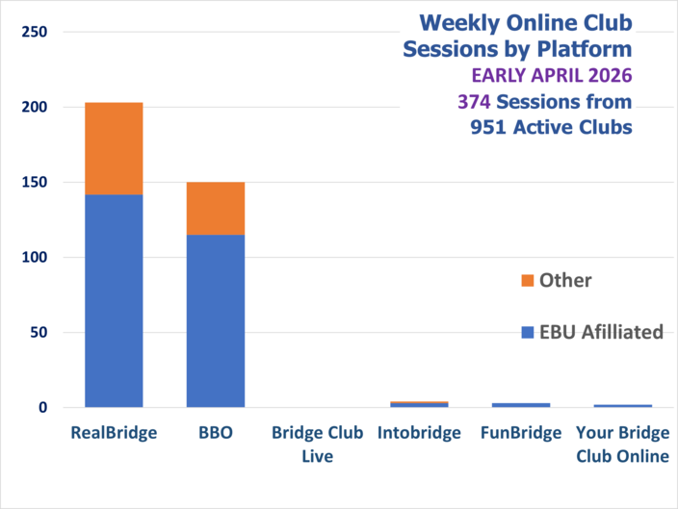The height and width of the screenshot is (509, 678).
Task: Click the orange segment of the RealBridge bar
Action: point(114,148)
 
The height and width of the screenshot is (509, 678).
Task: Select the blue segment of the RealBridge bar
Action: point(114,300)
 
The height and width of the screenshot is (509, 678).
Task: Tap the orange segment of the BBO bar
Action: point(215,208)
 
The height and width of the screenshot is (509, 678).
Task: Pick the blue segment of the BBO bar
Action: point(215,320)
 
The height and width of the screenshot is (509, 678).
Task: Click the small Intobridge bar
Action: point(400,404)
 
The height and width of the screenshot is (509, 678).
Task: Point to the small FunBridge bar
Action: point(520,405)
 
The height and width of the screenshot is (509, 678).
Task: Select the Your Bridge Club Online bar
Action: point(622,406)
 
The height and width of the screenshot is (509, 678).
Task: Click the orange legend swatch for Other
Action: point(526,281)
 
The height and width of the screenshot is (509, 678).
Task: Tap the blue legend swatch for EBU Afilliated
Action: point(526,333)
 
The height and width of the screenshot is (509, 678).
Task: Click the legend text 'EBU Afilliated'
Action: point(601,332)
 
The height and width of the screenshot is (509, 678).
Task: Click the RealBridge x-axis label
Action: point(114,433)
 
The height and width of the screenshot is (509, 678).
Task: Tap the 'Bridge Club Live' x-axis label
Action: point(317,445)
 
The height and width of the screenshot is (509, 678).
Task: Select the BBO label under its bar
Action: point(215,433)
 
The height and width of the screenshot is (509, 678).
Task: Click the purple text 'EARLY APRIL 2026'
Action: point(552,75)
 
